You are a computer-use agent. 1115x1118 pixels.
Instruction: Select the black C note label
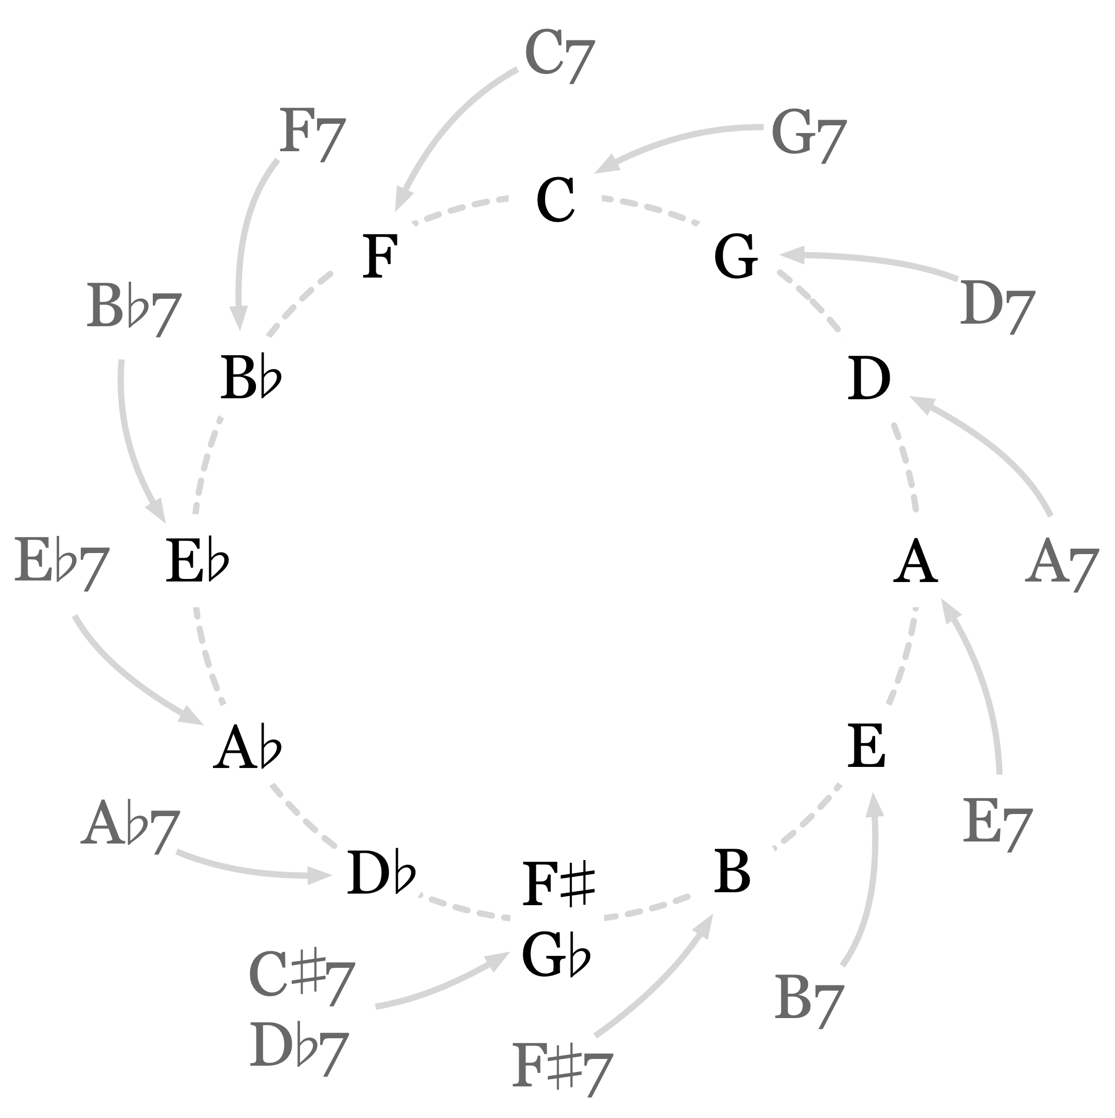(x=556, y=200)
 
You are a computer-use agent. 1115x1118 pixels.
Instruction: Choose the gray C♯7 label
(x=301, y=978)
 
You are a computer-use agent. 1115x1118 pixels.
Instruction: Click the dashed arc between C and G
(x=651, y=208)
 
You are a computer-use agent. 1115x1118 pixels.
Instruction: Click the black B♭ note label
(x=251, y=379)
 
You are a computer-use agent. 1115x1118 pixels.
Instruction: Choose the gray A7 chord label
(x=1061, y=563)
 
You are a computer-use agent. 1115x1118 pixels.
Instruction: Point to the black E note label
(x=867, y=747)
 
